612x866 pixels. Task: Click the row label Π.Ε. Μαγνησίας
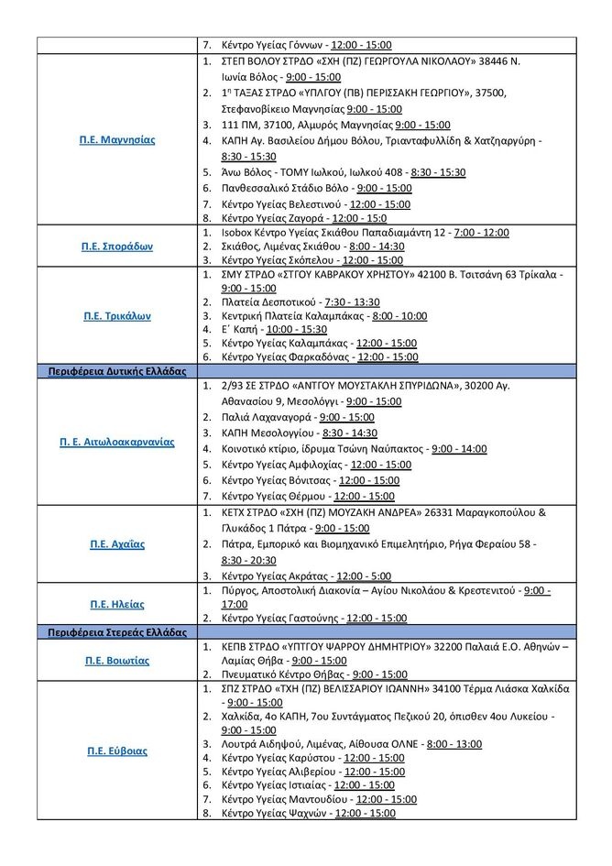(115, 140)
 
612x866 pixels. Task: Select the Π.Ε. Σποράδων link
(115, 247)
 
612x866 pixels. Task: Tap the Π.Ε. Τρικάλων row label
(115, 315)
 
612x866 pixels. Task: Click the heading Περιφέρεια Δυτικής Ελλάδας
(116, 371)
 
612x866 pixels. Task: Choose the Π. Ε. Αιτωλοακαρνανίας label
(115, 441)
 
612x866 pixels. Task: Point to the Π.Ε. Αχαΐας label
(116, 543)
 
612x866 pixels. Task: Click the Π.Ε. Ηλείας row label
(116, 604)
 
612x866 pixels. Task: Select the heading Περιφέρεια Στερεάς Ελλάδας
(116, 632)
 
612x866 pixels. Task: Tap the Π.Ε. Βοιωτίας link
(116, 660)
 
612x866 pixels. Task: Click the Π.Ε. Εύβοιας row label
(116, 751)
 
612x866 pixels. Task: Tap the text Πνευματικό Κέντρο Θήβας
(279, 674)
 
